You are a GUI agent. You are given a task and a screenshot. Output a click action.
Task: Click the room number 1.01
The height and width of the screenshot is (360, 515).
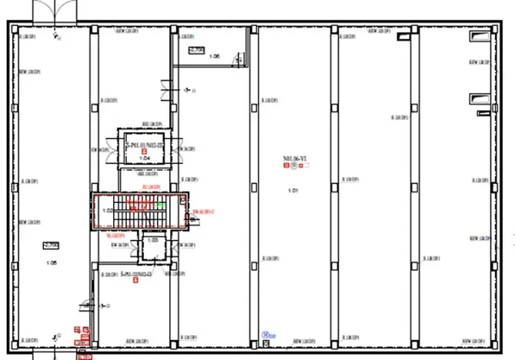click(x=292, y=190)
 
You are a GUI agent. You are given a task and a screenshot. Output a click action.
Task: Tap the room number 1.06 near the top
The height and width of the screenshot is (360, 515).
click(x=214, y=57)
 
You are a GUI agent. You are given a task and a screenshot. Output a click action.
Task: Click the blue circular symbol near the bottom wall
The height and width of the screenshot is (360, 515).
click(x=266, y=335)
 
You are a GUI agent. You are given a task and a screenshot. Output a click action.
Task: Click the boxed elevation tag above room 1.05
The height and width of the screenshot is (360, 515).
click(x=52, y=245)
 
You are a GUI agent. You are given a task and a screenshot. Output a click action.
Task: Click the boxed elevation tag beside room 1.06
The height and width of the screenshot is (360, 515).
click(x=196, y=50)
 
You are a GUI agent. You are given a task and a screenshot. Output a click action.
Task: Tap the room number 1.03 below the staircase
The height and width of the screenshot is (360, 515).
click(x=152, y=239)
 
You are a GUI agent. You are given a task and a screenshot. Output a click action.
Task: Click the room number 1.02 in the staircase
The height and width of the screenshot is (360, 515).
click(x=108, y=210)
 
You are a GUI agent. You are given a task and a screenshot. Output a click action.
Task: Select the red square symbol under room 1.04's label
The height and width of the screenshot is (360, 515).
click(x=144, y=151)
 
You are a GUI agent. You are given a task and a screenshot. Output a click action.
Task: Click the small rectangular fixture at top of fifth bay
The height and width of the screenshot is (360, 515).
click(x=403, y=36)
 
